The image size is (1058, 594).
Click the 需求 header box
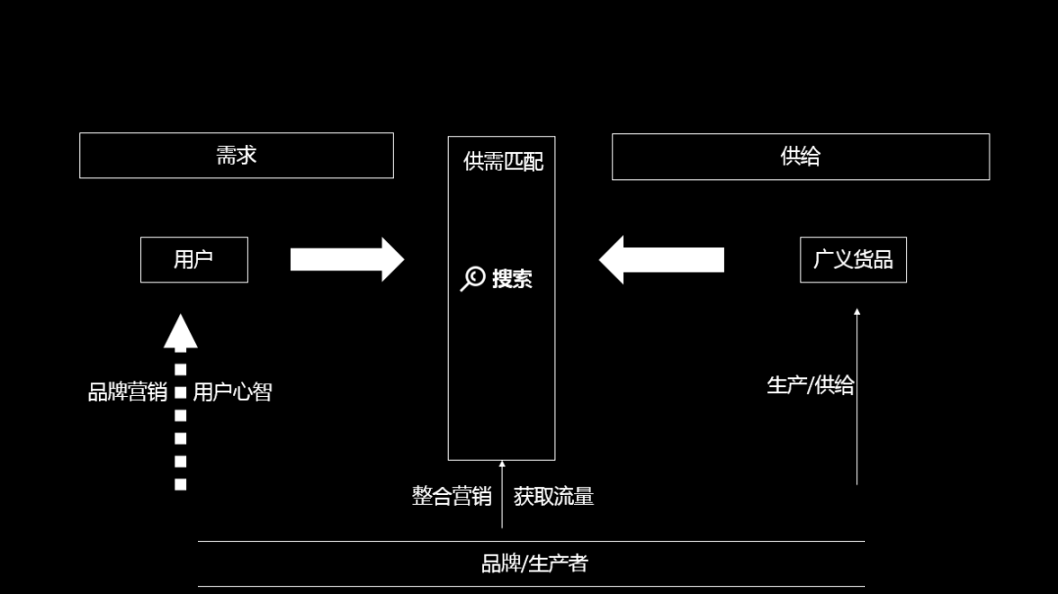point(236,155)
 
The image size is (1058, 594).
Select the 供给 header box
point(800,157)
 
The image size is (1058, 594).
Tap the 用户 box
point(194,260)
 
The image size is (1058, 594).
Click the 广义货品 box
point(853,260)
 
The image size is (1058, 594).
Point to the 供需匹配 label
point(504,162)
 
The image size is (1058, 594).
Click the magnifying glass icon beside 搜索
point(472,278)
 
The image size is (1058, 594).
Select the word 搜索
point(512,278)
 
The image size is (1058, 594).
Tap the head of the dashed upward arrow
point(180,332)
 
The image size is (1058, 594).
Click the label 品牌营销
point(127,392)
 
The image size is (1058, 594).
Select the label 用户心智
point(232,392)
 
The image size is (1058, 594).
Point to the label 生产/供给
point(810,385)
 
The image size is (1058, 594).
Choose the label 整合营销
point(452,496)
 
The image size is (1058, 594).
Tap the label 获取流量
point(553,496)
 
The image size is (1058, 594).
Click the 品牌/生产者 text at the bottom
point(534,564)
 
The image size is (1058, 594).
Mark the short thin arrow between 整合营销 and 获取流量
point(502,495)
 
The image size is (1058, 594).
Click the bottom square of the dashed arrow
point(180,484)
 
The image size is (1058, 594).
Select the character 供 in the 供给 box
point(791,157)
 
